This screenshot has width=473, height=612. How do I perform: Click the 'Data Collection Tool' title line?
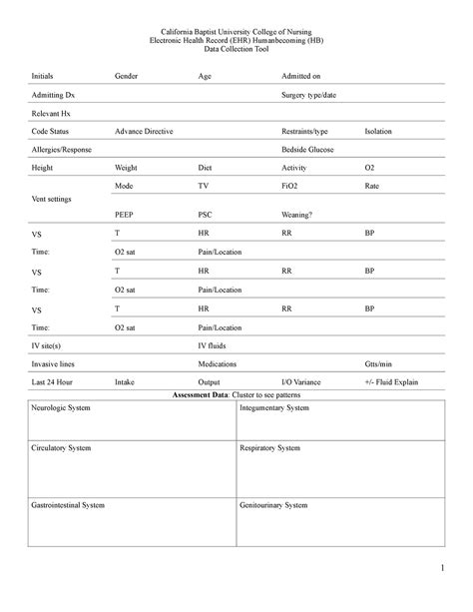pos(236,49)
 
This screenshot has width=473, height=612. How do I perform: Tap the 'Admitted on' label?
pos(302,76)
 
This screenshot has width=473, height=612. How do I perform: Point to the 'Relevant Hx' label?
pos(51,113)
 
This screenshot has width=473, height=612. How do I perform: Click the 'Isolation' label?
pos(378,131)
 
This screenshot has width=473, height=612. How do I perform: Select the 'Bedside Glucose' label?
pos(309,149)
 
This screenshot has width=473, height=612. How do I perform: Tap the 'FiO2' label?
pos(292,186)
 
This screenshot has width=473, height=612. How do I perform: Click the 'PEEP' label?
pos(124,214)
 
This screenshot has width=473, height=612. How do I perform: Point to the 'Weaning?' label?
pos(297,214)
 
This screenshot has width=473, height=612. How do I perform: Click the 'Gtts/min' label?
pos(379,363)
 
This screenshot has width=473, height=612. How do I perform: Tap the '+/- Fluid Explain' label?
pos(392,381)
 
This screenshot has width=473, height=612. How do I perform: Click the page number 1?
pos(438,569)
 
